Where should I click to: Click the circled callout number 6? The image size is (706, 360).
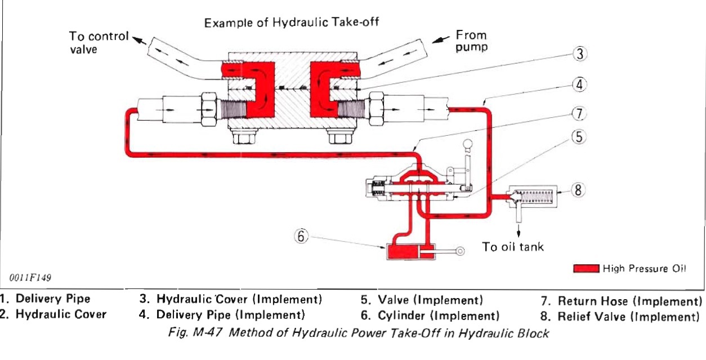point(301,237)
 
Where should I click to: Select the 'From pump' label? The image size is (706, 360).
point(471,41)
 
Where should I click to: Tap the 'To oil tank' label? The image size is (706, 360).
point(513,247)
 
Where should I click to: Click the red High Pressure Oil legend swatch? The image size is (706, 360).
point(586,269)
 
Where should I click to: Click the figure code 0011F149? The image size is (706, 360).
point(33,277)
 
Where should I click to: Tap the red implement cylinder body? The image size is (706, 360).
point(400,251)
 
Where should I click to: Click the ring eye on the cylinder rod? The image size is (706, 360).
point(460,252)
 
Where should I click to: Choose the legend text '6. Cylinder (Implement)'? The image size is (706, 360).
point(431,314)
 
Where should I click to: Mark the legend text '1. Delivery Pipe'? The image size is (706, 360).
point(45,299)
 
